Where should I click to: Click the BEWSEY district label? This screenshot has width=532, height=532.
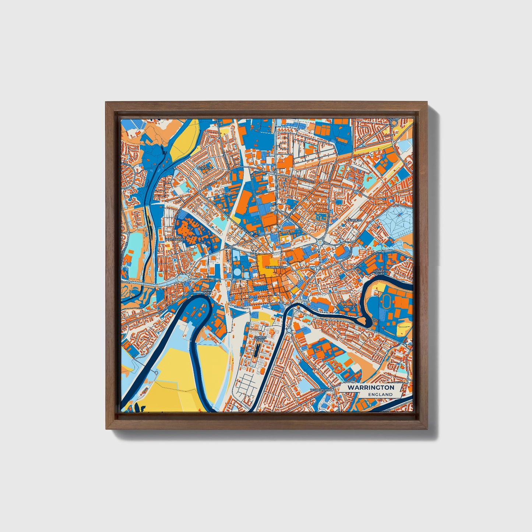click(203, 168)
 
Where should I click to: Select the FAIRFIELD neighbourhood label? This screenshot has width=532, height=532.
click(354, 220)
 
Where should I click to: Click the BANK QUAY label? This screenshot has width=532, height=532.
click(207, 292)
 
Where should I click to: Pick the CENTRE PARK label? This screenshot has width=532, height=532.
click(260, 339)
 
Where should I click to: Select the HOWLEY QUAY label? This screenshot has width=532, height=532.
click(379, 272)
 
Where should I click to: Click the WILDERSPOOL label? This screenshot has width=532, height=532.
click(321, 389)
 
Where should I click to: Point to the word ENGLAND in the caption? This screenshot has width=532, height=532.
click(380, 394)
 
